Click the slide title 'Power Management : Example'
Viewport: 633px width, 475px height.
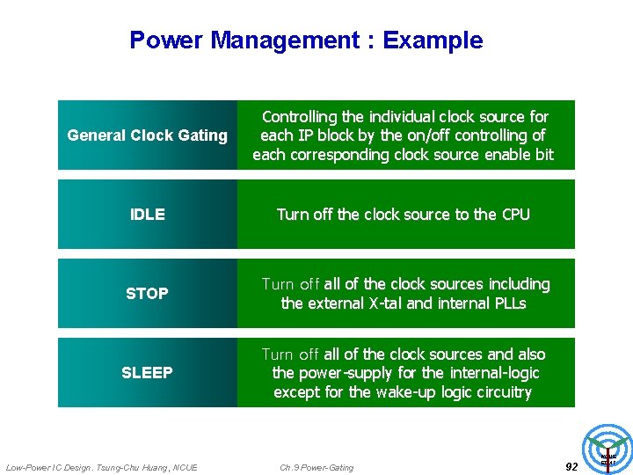(306, 40)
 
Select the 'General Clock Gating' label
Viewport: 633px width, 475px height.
(147, 135)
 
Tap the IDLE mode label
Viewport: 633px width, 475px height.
(147, 215)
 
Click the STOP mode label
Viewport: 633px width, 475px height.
(147, 294)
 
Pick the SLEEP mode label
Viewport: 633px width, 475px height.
(147, 373)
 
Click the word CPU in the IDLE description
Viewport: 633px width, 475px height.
(515, 215)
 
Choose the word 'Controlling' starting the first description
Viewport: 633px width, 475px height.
(299, 117)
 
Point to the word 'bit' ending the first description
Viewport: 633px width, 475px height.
(544, 155)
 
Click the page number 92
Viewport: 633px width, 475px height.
(571, 467)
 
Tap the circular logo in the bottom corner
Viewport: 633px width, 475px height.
(608, 449)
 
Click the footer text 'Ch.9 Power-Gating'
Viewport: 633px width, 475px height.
(316, 467)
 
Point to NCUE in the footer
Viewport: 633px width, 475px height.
(186, 467)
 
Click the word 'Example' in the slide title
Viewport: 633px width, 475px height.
(433, 40)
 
